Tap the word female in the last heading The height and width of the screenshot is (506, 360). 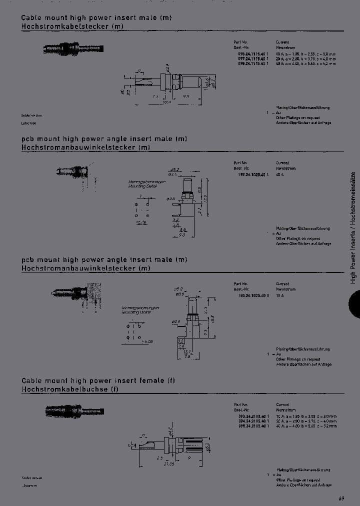tap(149, 380)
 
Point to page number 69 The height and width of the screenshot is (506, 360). tap(341, 498)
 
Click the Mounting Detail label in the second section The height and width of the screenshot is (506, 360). tap(139, 185)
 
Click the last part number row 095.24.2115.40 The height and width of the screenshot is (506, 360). tap(252, 425)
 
